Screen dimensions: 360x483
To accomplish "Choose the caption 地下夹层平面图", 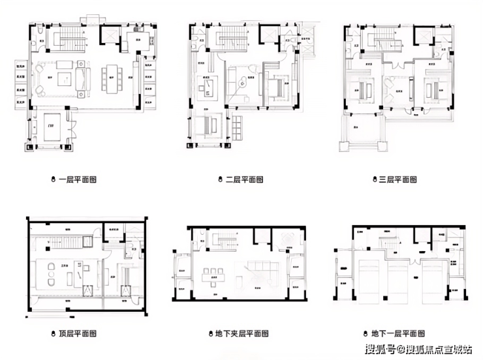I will click(x=241, y=333).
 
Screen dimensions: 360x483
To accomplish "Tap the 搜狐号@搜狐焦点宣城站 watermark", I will click(x=418, y=348).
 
